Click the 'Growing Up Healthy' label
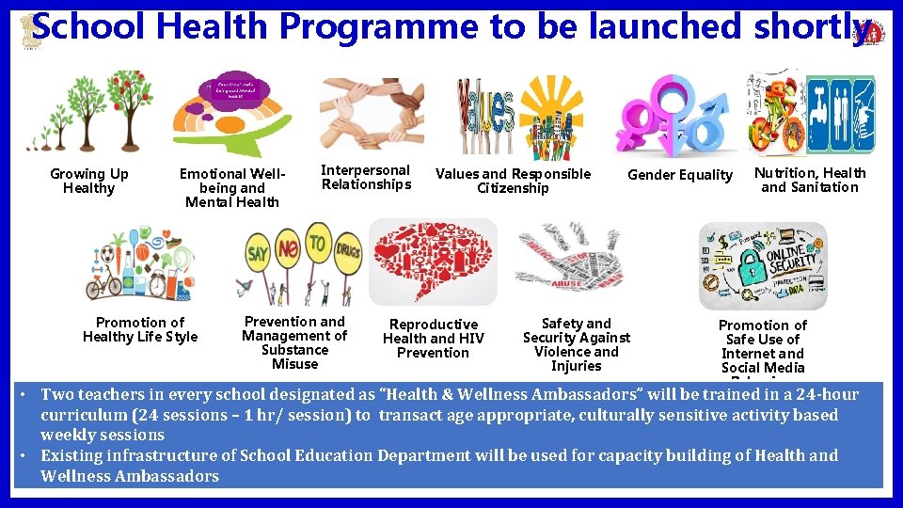pos(89,181)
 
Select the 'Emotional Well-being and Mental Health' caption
pos(231,187)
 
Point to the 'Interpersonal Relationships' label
pos(366,177)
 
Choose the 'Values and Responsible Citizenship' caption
pos(513,181)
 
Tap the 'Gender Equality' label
pos(679,175)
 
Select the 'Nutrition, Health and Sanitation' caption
pos(810,180)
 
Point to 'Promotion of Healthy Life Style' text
pos(140,329)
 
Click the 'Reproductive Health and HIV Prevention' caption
pos(433,338)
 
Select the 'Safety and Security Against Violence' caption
pos(576,344)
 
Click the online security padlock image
pos(763,265)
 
